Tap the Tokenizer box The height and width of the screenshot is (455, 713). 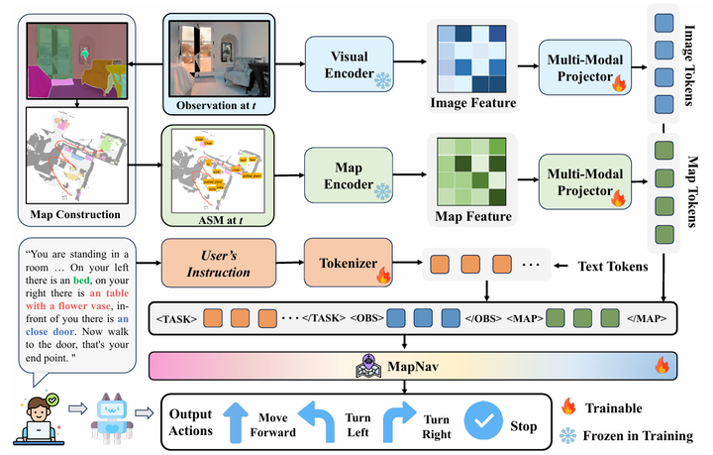pos(343,264)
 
